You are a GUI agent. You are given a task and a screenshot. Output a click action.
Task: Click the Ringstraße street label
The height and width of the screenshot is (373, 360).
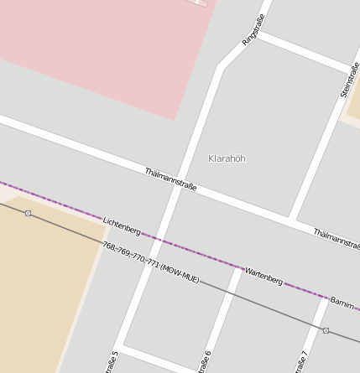pos(253,29)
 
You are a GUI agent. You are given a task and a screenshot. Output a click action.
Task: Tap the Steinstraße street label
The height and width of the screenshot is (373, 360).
pos(350,79)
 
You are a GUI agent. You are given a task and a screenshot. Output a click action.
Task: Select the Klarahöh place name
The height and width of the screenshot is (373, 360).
pos(227,158)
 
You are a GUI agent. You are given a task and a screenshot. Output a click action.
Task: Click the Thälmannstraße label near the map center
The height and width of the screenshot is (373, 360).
pos(170,179)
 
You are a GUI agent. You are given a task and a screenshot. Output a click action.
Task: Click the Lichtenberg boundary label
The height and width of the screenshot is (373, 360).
pos(122,225)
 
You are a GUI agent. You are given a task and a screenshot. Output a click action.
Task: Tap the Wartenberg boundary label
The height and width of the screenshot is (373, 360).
pos(263,276)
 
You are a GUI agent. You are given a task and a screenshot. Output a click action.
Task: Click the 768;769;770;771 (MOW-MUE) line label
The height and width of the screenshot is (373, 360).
pos(150,262)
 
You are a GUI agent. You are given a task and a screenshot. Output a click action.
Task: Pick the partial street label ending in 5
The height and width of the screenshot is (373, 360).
pos(111,362)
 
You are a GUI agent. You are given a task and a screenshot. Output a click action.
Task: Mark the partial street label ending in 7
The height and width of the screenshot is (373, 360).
pos(302,362)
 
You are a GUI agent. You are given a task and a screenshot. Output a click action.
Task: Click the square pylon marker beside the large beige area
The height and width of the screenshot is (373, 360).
pos(28,213)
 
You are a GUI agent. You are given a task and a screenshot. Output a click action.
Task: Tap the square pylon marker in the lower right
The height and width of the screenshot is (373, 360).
pos(326,330)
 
